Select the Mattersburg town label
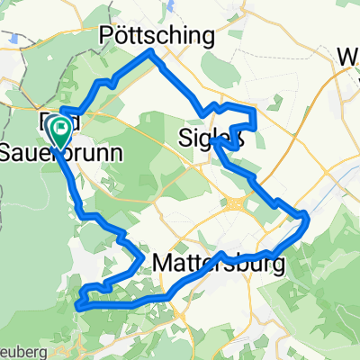[220, 264]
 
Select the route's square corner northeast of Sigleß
[256, 110]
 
